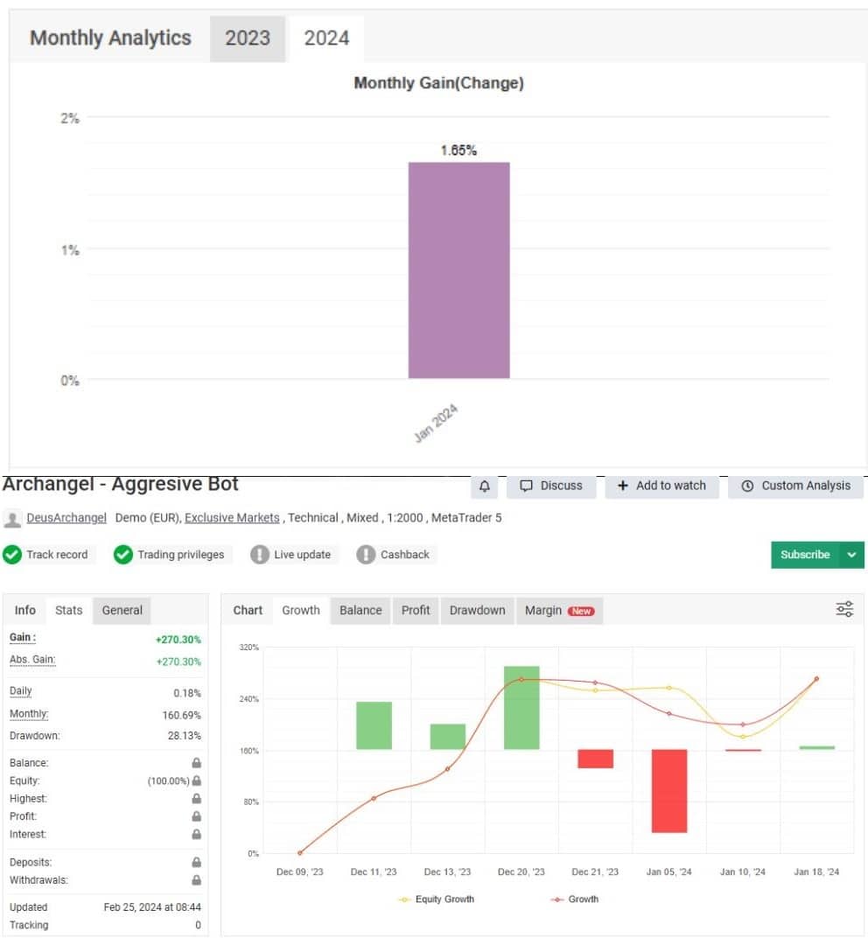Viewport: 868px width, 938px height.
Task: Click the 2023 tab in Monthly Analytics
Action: (248, 38)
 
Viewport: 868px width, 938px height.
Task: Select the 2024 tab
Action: (326, 38)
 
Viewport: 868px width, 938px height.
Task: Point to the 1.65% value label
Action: (458, 150)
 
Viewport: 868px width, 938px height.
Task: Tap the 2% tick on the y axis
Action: (70, 118)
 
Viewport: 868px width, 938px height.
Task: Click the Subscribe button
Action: (805, 555)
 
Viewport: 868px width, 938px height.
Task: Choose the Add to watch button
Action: (661, 486)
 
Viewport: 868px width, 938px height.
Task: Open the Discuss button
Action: (551, 486)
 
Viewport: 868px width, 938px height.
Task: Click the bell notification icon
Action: (485, 486)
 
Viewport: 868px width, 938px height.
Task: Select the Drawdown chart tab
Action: (477, 610)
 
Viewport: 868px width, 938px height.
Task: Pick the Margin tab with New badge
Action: (559, 610)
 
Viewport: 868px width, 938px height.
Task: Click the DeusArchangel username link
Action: (66, 518)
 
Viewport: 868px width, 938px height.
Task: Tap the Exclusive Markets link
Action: (232, 518)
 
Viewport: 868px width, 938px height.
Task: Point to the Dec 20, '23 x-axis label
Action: (521, 871)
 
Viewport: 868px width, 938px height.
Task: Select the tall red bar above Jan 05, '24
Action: (669, 790)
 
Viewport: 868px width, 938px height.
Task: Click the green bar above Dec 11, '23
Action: (374, 725)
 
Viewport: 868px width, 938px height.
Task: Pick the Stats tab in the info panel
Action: (68, 610)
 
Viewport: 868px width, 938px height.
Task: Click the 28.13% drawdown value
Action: (184, 736)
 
